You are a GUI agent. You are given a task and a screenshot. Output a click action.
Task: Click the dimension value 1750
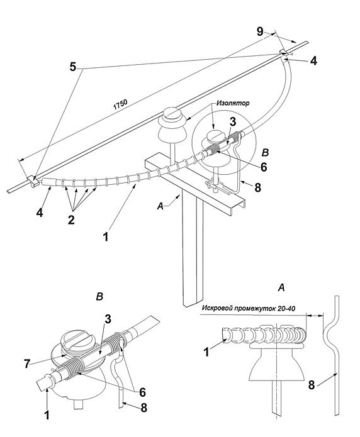coord(121,104)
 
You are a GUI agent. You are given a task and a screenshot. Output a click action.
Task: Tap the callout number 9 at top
coord(260,32)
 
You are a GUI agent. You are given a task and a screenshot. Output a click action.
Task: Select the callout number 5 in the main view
coord(73,67)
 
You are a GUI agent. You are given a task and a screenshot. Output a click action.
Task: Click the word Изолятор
coord(233,103)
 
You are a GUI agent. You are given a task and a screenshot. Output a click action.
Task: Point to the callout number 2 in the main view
coord(72,220)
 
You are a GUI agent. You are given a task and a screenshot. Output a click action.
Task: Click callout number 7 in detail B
coord(27,363)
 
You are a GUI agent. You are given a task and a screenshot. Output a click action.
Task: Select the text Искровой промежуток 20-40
coord(249,309)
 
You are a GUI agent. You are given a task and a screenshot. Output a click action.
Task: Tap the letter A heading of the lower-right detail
coord(281,287)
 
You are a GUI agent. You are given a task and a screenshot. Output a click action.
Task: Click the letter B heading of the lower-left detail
coord(99,297)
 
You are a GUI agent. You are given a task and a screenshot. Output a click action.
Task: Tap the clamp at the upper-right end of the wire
coord(284,52)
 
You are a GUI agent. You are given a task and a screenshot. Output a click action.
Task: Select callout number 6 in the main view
coord(264,167)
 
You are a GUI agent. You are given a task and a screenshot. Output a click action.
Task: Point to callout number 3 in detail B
coord(108,319)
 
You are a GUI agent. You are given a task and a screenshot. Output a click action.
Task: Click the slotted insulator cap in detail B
coord(77,341)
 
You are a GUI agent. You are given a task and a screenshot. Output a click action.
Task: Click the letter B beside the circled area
coord(265,152)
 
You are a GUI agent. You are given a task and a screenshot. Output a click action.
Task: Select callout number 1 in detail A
coord(206,352)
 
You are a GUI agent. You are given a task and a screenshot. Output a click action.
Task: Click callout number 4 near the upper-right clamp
coord(313,61)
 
